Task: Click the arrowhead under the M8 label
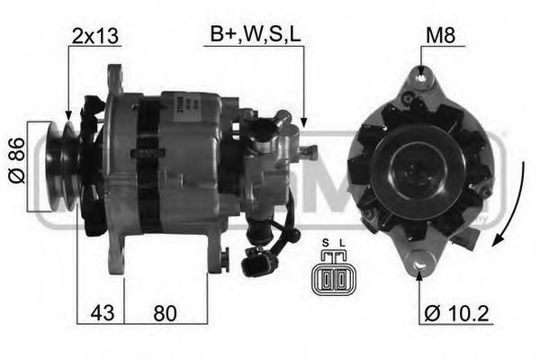[x=421, y=73]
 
